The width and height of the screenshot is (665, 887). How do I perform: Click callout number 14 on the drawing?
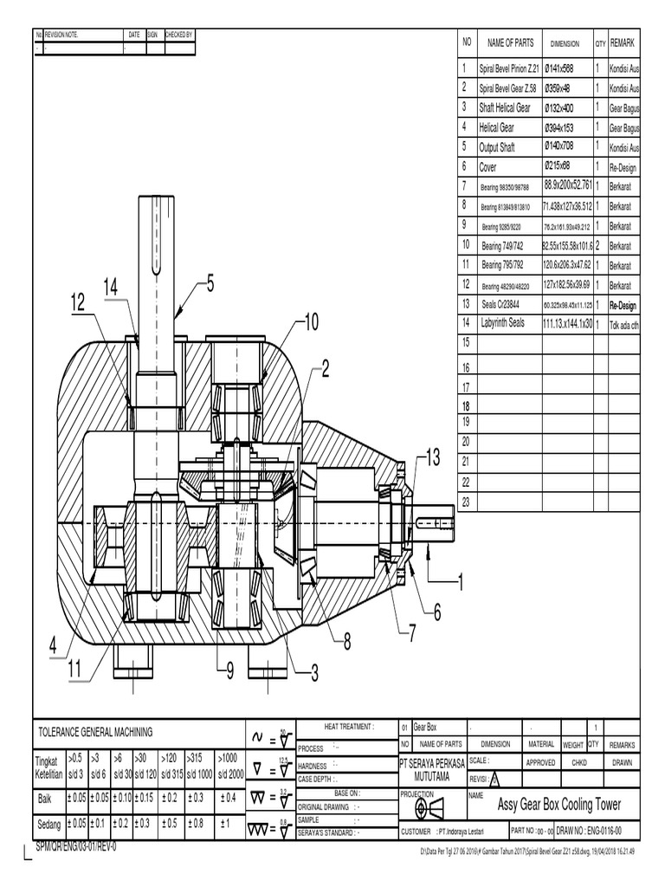[x=109, y=287]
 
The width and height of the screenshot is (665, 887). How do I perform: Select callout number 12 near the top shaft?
[x=79, y=302]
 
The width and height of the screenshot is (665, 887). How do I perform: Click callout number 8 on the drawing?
[x=347, y=642]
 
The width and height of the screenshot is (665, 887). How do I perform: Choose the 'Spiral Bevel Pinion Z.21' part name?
[x=509, y=68]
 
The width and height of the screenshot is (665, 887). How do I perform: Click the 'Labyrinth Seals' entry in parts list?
[x=502, y=323]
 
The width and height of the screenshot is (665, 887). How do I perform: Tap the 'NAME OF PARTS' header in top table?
[x=511, y=42]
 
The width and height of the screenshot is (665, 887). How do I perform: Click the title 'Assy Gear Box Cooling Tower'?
[x=559, y=805]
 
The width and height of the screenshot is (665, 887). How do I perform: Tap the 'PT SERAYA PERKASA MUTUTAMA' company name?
[x=430, y=769]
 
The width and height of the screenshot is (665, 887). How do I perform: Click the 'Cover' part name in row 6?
[x=488, y=167]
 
